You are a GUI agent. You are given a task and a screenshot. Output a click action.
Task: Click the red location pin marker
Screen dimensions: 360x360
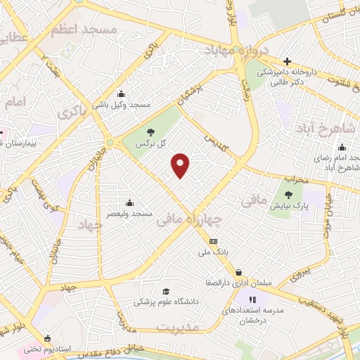click(x=181, y=165)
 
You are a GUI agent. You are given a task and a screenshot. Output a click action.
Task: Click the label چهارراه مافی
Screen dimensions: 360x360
click(x=191, y=221)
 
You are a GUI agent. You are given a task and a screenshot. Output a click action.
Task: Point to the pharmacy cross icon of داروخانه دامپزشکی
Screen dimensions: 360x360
click(x=286, y=62)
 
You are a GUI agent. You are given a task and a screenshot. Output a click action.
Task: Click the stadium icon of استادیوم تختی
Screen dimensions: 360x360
click(x=47, y=338)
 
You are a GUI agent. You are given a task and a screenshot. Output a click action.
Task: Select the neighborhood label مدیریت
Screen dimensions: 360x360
click(x=178, y=328)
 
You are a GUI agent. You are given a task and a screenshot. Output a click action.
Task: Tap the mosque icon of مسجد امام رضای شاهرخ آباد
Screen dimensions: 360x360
click(x=342, y=147)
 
